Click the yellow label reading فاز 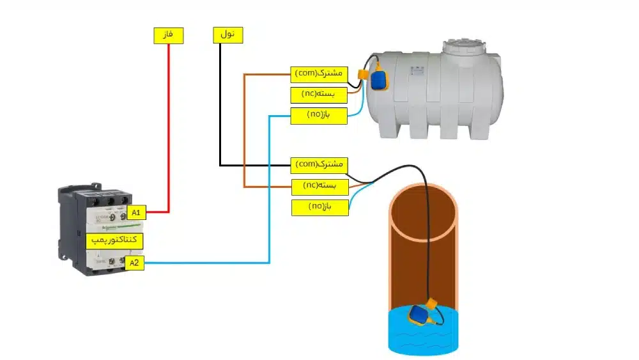[x=169, y=36]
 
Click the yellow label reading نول [x=228, y=36]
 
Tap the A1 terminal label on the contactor [x=137, y=212]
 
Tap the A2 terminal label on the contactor [x=134, y=263]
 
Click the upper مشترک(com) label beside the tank [x=318, y=74]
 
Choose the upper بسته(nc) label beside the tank [x=318, y=95]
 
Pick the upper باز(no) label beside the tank [x=318, y=116]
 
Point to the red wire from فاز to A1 [x=169, y=128]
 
